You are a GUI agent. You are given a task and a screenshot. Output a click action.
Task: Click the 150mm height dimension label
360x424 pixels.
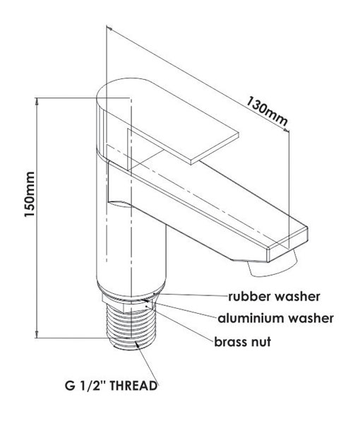point(30,194)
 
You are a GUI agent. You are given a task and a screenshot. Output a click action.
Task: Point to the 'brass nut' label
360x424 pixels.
point(243,342)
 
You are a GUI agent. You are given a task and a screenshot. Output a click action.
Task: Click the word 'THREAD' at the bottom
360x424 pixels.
point(133,386)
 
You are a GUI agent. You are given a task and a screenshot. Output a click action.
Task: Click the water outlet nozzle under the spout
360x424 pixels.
point(272,267)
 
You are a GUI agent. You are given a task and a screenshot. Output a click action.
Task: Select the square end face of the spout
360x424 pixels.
point(287,245)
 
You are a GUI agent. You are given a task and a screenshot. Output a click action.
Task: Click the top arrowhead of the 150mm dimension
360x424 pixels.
point(37,101)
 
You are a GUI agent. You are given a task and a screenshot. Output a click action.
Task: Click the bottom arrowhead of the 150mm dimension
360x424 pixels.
point(37,334)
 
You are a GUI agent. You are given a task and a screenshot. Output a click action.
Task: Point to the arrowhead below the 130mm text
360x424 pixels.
point(287,130)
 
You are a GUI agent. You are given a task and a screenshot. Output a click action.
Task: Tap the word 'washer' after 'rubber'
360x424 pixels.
point(297,296)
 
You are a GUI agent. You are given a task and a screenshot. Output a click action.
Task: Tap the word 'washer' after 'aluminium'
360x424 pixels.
point(311,318)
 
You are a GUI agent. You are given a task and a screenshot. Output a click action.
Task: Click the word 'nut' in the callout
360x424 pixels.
point(261,342)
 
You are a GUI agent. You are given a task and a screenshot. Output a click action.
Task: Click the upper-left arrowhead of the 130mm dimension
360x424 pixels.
point(109,28)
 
